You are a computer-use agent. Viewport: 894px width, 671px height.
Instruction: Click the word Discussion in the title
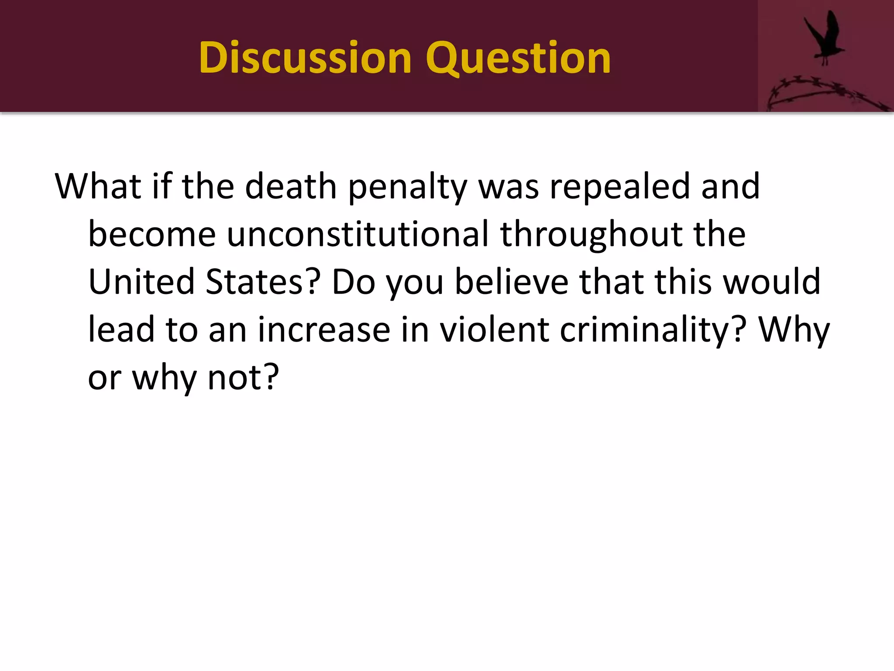305,58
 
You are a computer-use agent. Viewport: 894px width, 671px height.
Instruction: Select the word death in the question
291,187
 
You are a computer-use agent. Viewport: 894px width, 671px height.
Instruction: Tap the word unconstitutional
358,234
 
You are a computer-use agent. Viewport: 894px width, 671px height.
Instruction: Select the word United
141,282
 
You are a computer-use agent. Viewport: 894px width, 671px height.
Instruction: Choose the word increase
324,330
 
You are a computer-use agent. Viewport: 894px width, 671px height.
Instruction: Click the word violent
494,330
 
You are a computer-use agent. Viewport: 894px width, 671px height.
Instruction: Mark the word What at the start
98,187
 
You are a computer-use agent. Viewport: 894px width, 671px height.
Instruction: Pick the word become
152,234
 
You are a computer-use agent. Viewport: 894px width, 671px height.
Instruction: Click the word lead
121,330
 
